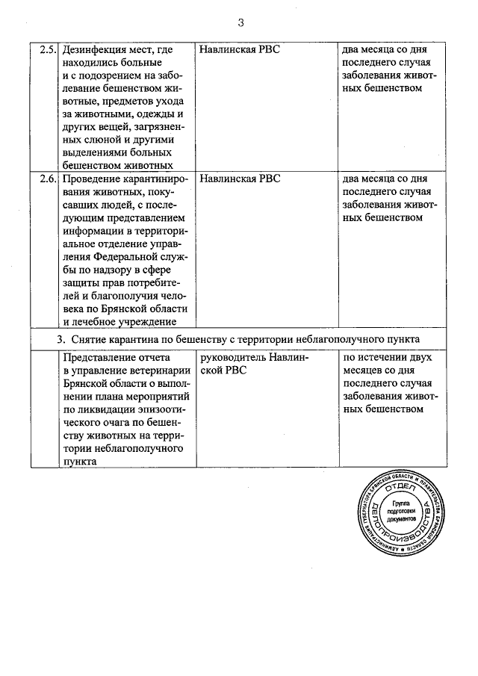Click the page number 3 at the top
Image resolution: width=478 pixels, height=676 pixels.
click(x=240, y=22)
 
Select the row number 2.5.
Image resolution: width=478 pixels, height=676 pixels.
click(x=47, y=52)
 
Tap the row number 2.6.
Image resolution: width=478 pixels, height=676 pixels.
click(x=47, y=180)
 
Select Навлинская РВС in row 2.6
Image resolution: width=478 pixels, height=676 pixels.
click(x=240, y=180)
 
